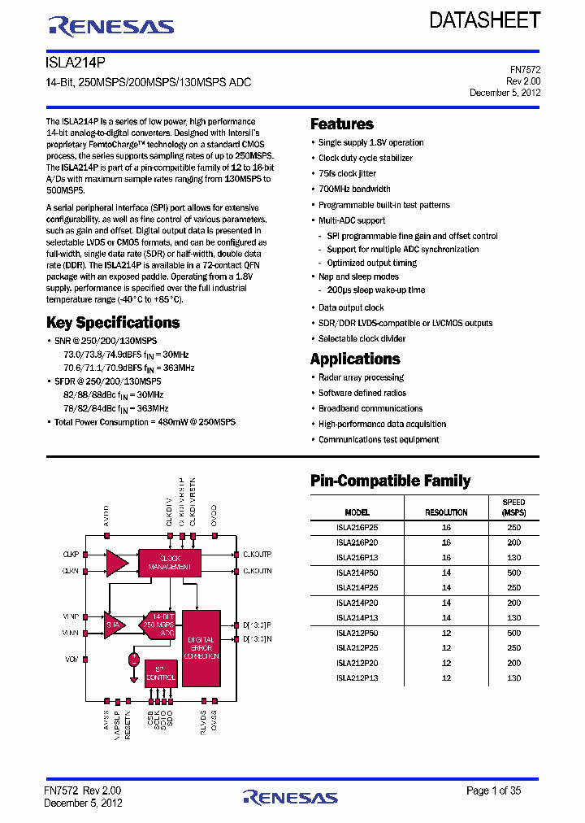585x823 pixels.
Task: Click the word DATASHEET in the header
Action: pos(485,21)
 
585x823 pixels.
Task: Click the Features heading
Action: pos(342,124)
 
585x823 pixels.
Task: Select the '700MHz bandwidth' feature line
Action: pos(354,189)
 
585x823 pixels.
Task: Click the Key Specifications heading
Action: pos(113,323)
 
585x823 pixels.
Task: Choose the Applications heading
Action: pos(355,359)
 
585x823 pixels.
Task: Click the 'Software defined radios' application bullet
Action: pos(362,393)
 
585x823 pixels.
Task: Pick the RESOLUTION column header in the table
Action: pos(446,512)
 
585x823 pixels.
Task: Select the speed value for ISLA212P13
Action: pos(513,678)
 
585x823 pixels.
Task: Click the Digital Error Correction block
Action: pos(201,647)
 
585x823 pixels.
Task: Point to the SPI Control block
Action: pos(160,673)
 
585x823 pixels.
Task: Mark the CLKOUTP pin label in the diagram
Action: pos(257,555)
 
